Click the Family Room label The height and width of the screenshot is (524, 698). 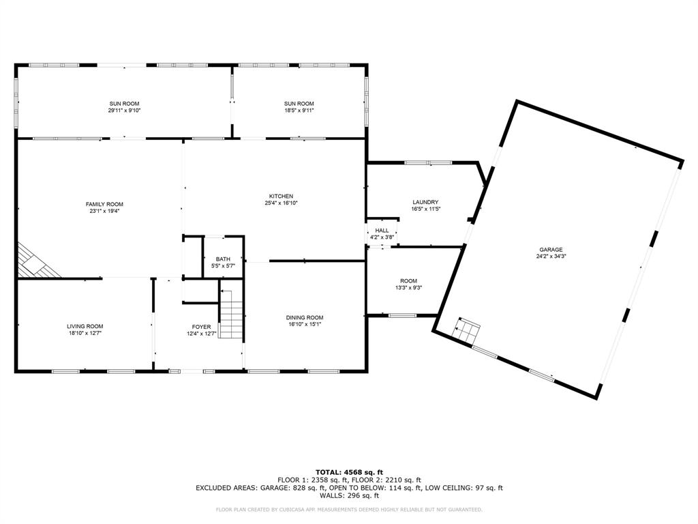[104, 204]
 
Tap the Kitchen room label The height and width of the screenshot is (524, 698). [281, 196]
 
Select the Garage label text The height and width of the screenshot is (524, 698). [551, 250]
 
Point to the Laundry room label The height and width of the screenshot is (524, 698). [425, 202]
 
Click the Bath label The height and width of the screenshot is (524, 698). [223, 259]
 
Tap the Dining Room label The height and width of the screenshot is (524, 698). [304, 317]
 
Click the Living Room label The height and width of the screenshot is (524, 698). [85, 326]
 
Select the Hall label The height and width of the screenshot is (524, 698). [382, 231]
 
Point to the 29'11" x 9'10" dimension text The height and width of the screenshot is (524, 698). [124, 110]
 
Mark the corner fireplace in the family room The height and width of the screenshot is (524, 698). [35, 262]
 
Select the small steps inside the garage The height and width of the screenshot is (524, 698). [468, 331]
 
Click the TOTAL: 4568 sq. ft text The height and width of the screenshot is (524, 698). [349, 472]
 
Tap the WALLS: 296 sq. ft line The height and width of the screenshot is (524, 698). [349, 496]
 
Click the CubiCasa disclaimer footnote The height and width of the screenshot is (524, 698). [349, 509]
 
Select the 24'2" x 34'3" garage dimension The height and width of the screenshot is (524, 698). [551, 257]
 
